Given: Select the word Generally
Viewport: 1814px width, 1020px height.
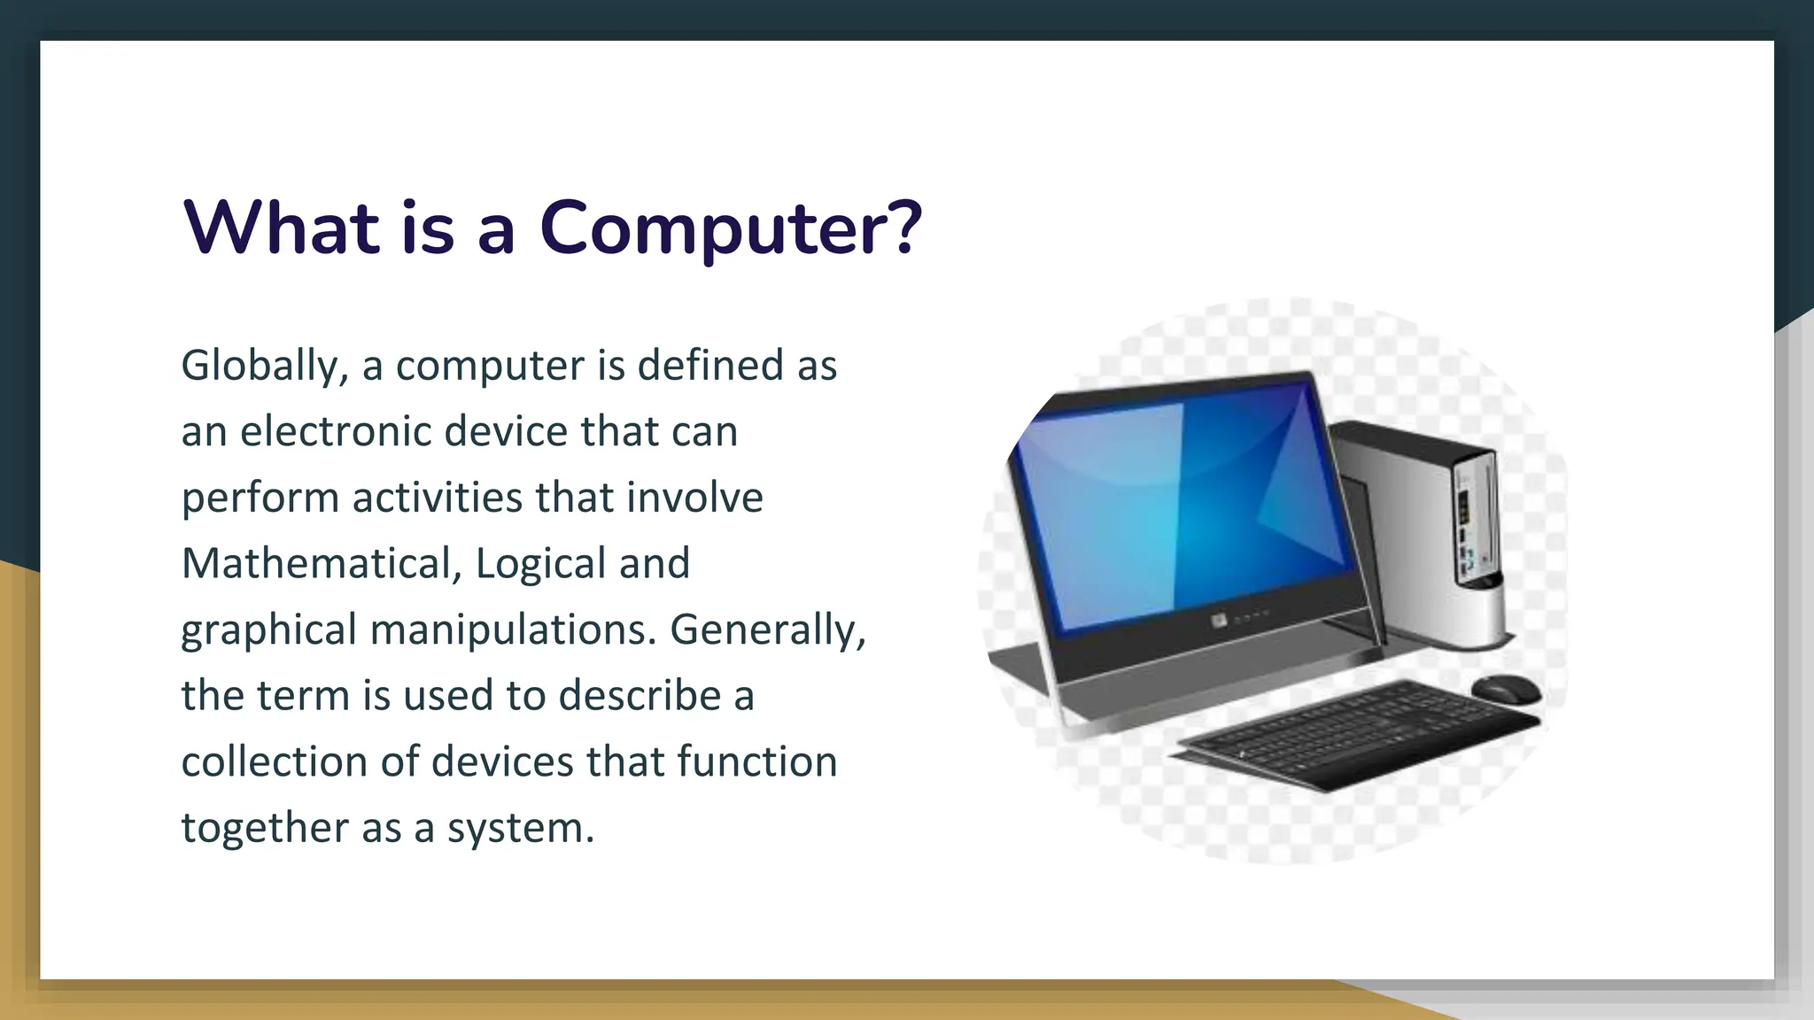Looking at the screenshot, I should (x=767, y=630).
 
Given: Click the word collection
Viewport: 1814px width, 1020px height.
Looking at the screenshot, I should (x=274, y=762).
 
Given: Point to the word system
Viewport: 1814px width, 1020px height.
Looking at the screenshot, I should (x=519, y=830).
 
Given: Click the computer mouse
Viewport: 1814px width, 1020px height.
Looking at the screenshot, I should (x=1505, y=688).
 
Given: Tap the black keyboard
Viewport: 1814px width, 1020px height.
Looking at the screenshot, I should (x=1355, y=735).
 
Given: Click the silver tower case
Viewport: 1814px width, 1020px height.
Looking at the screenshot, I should (x=1426, y=531).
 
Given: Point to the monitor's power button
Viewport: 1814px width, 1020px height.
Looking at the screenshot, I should (x=1220, y=621).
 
